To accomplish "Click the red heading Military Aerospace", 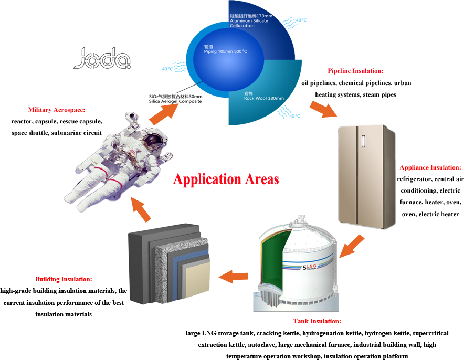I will [57, 110].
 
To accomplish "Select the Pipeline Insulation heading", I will [355, 71].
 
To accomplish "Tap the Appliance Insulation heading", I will [430, 168].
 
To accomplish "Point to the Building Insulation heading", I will [64, 279].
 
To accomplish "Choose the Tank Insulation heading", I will [317, 321].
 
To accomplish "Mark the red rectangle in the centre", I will [226, 180].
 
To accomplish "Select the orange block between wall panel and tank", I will [233, 277].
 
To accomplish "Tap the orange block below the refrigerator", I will [352, 246].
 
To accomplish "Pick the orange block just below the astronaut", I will [140, 209].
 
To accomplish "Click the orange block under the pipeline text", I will [323, 109].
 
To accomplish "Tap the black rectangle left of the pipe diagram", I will [101, 57].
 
